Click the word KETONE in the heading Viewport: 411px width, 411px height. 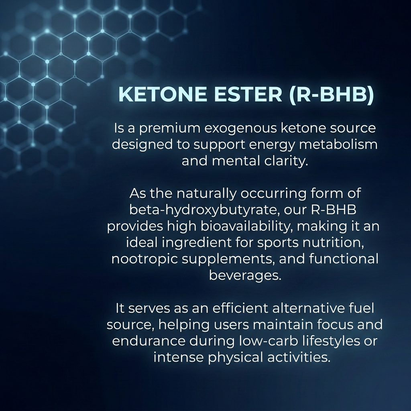point(162,94)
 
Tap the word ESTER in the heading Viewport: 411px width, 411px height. point(248,94)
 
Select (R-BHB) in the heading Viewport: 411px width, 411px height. point(332,94)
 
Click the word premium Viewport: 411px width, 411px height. point(170,129)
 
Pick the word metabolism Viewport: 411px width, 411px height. point(338,144)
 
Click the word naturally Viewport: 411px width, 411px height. point(206,194)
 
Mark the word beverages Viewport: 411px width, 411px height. point(245,275)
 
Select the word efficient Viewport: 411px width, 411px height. point(240,308)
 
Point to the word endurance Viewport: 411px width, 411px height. point(149,341)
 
